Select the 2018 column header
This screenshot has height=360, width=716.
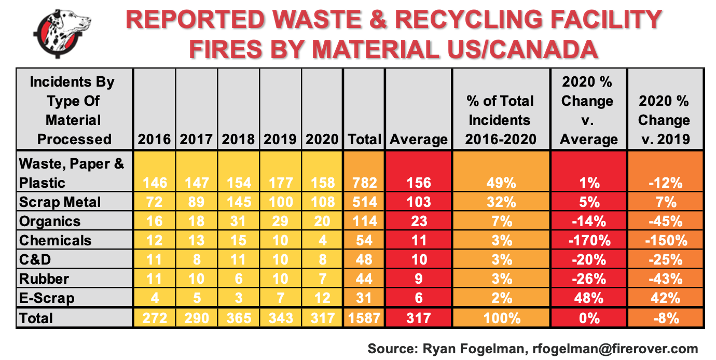coord(238,139)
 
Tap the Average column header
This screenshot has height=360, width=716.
coord(419,139)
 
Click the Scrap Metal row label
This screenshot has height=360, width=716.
coord(60,202)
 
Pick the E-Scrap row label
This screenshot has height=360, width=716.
coord(47,298)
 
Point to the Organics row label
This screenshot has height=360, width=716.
coord(50,221)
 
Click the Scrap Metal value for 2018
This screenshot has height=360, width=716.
coord(238,202)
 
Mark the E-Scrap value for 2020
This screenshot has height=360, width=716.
coord(322,298)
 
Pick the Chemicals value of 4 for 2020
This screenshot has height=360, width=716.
coord(322,240)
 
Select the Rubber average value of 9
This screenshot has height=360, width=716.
coord(419,279)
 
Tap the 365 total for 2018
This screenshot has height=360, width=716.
coord(238,317)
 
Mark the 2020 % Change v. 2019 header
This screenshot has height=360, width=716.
coord(664,120)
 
